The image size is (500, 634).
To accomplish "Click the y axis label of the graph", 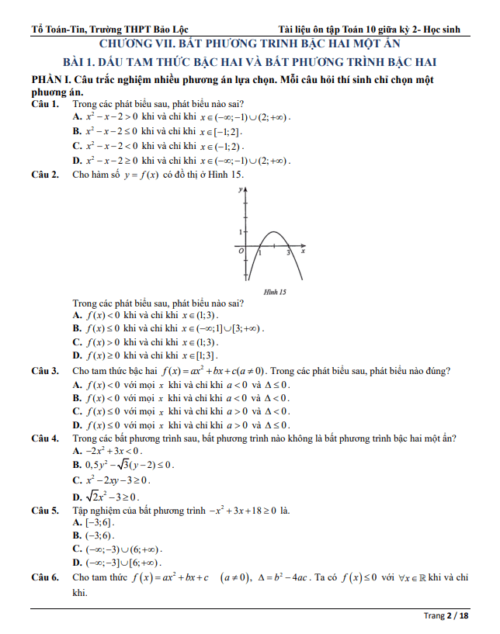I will (x=241, y=189).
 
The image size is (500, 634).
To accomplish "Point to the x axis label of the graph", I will (x=303, y=251).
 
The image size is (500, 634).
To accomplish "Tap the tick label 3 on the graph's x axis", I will (x=288, y=253).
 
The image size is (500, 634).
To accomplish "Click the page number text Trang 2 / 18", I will (x=446, y=615).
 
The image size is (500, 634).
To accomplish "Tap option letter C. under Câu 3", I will (x=77, y=411).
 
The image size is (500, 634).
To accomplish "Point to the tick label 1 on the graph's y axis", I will (x=241, y=231).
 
